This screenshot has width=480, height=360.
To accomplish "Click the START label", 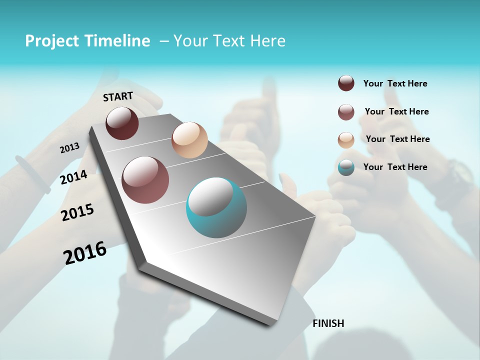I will coord(118,96).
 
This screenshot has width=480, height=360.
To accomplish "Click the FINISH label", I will coord(328,323).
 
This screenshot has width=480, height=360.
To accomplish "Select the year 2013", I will coord(69,148).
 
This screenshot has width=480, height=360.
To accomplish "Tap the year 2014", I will coord(73,177).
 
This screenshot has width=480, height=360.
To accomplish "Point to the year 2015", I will coord(77,212).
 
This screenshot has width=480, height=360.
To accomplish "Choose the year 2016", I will coord(85,253).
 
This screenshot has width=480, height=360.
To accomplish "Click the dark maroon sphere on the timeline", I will coord(122,123).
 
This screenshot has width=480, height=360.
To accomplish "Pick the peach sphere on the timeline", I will coord(189,140).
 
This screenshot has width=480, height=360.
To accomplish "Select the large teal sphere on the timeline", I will coord(216,207).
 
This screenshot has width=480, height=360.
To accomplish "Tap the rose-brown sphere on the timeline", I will coord(145,180).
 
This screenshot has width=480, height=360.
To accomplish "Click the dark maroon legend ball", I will coord(346,83).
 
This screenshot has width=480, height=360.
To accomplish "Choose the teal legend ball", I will coord(346,167).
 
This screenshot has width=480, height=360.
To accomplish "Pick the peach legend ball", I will coord(346,140).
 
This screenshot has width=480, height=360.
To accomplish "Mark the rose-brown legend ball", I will coord(346,112).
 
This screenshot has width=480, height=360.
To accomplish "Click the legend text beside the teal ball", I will coord(395,167).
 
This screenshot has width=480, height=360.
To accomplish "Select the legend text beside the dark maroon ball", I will coord(395,83).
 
